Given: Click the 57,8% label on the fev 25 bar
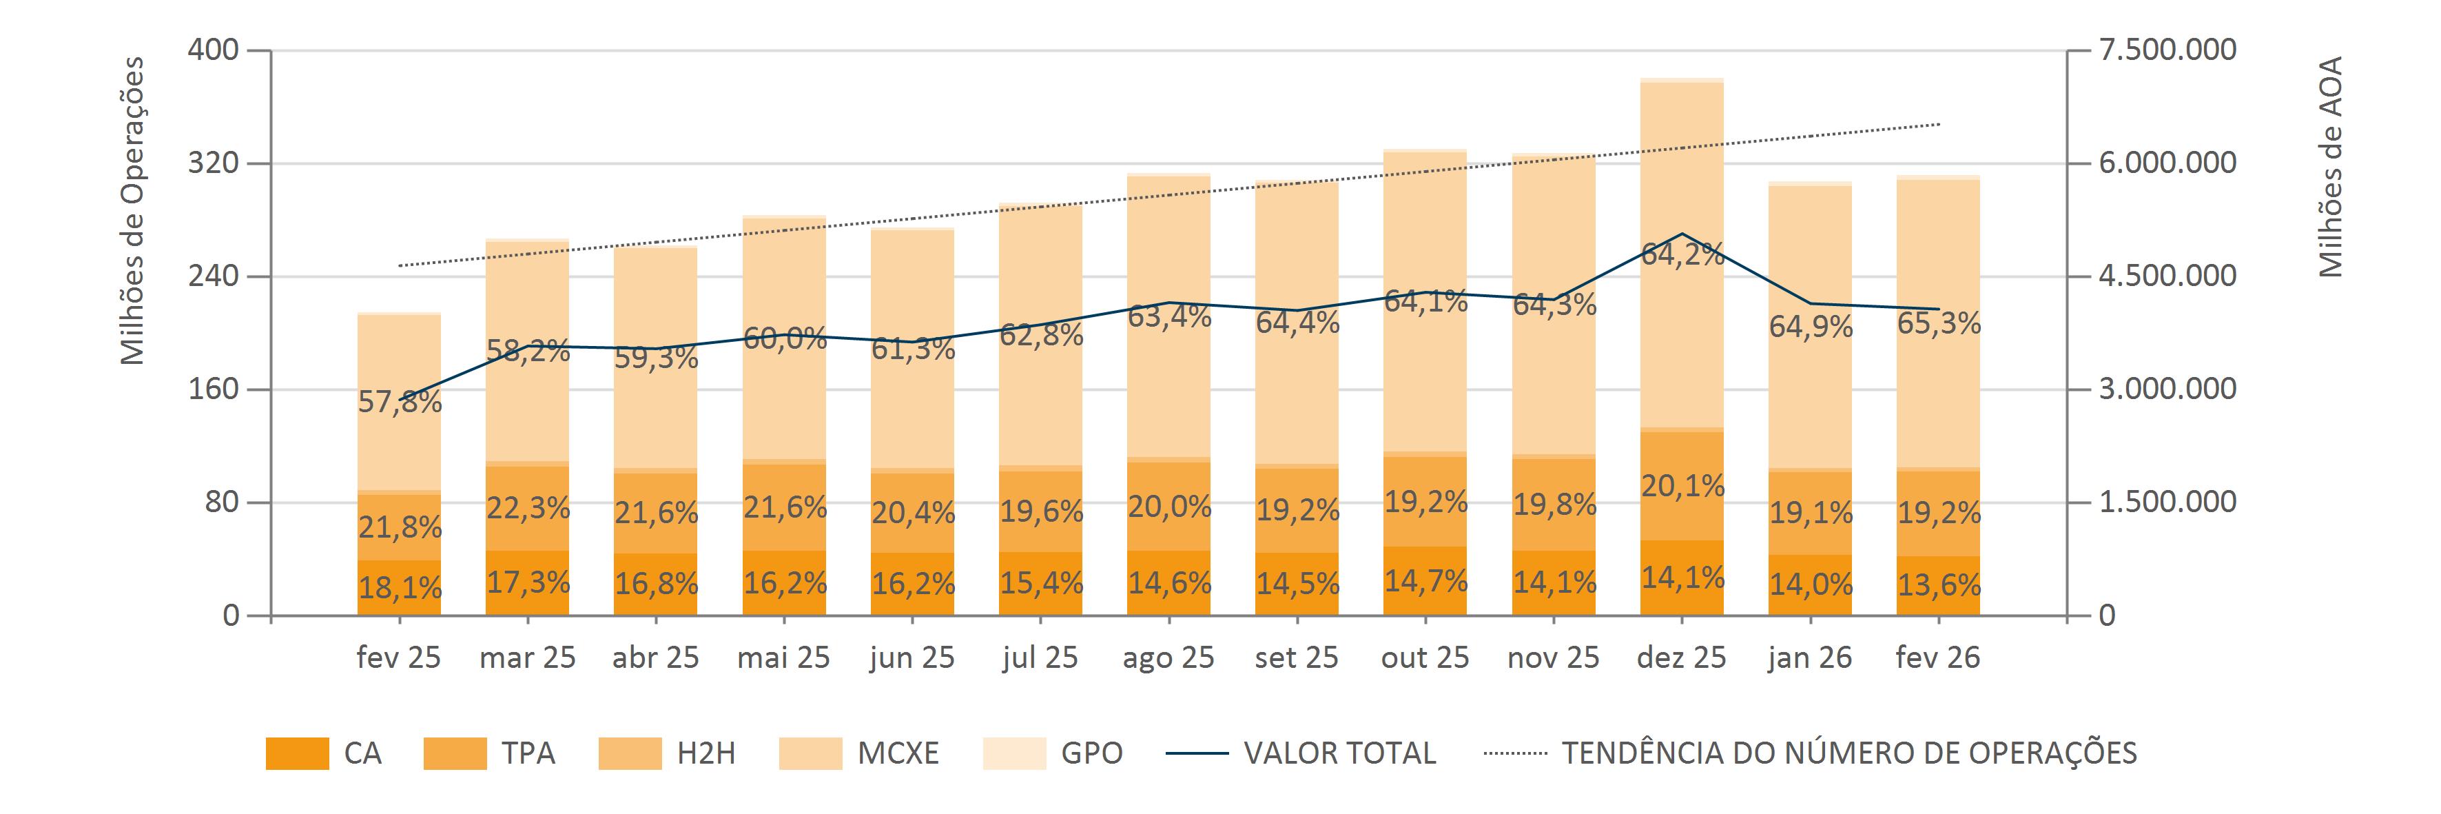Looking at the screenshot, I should pos(400,403).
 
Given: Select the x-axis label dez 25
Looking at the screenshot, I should pos(1681,658).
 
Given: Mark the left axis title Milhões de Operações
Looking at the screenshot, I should pos(133,210).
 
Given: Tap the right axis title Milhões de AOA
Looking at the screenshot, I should pos(2331,167).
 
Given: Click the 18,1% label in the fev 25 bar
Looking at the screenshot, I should pos(400,589).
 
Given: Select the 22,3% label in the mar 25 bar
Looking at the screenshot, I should pos(528,509).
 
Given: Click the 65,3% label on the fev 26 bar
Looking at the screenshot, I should pos(1939,324).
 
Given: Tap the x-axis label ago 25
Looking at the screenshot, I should pos(1168,658).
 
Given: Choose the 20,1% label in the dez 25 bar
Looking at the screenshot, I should pos(1682,486).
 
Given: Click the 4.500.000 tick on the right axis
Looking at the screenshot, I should pos(2168,276).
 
